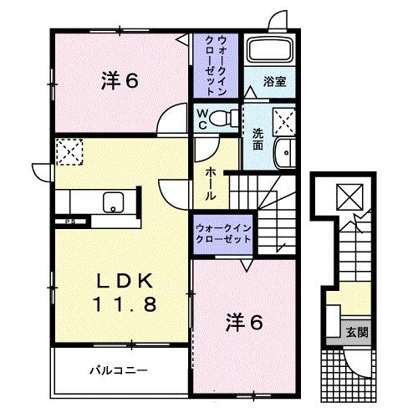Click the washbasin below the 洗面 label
coord(284,154)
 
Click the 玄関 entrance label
coord(358,332)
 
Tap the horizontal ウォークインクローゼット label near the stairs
coord(222,232)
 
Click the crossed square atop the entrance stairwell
coord(347,196)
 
